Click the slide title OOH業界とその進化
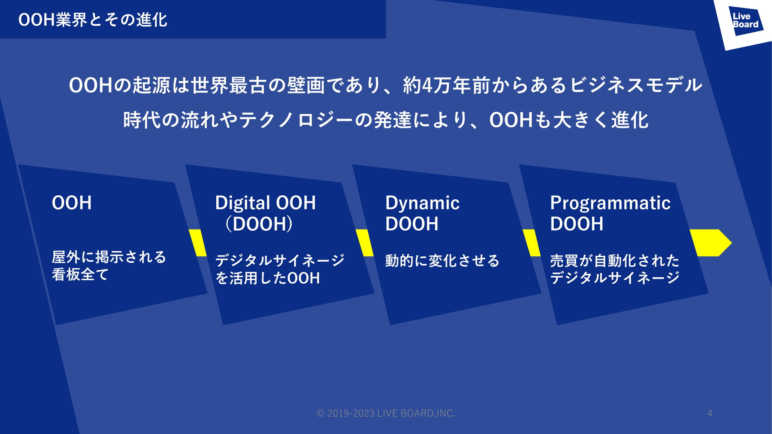[93, 20]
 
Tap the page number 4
[710, 413]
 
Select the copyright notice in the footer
[386, 413]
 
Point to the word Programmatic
[610, 203]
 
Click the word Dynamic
[422, 203]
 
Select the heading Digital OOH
[265, 203]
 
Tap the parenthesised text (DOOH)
[259, 224]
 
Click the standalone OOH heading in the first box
[72, 203]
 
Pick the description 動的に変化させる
[442, 261]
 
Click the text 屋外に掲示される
[109, 257]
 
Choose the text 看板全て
[80, 274]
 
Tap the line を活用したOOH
[268, 278]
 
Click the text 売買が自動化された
[615, 261]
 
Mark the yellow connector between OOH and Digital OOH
[197, 243]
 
